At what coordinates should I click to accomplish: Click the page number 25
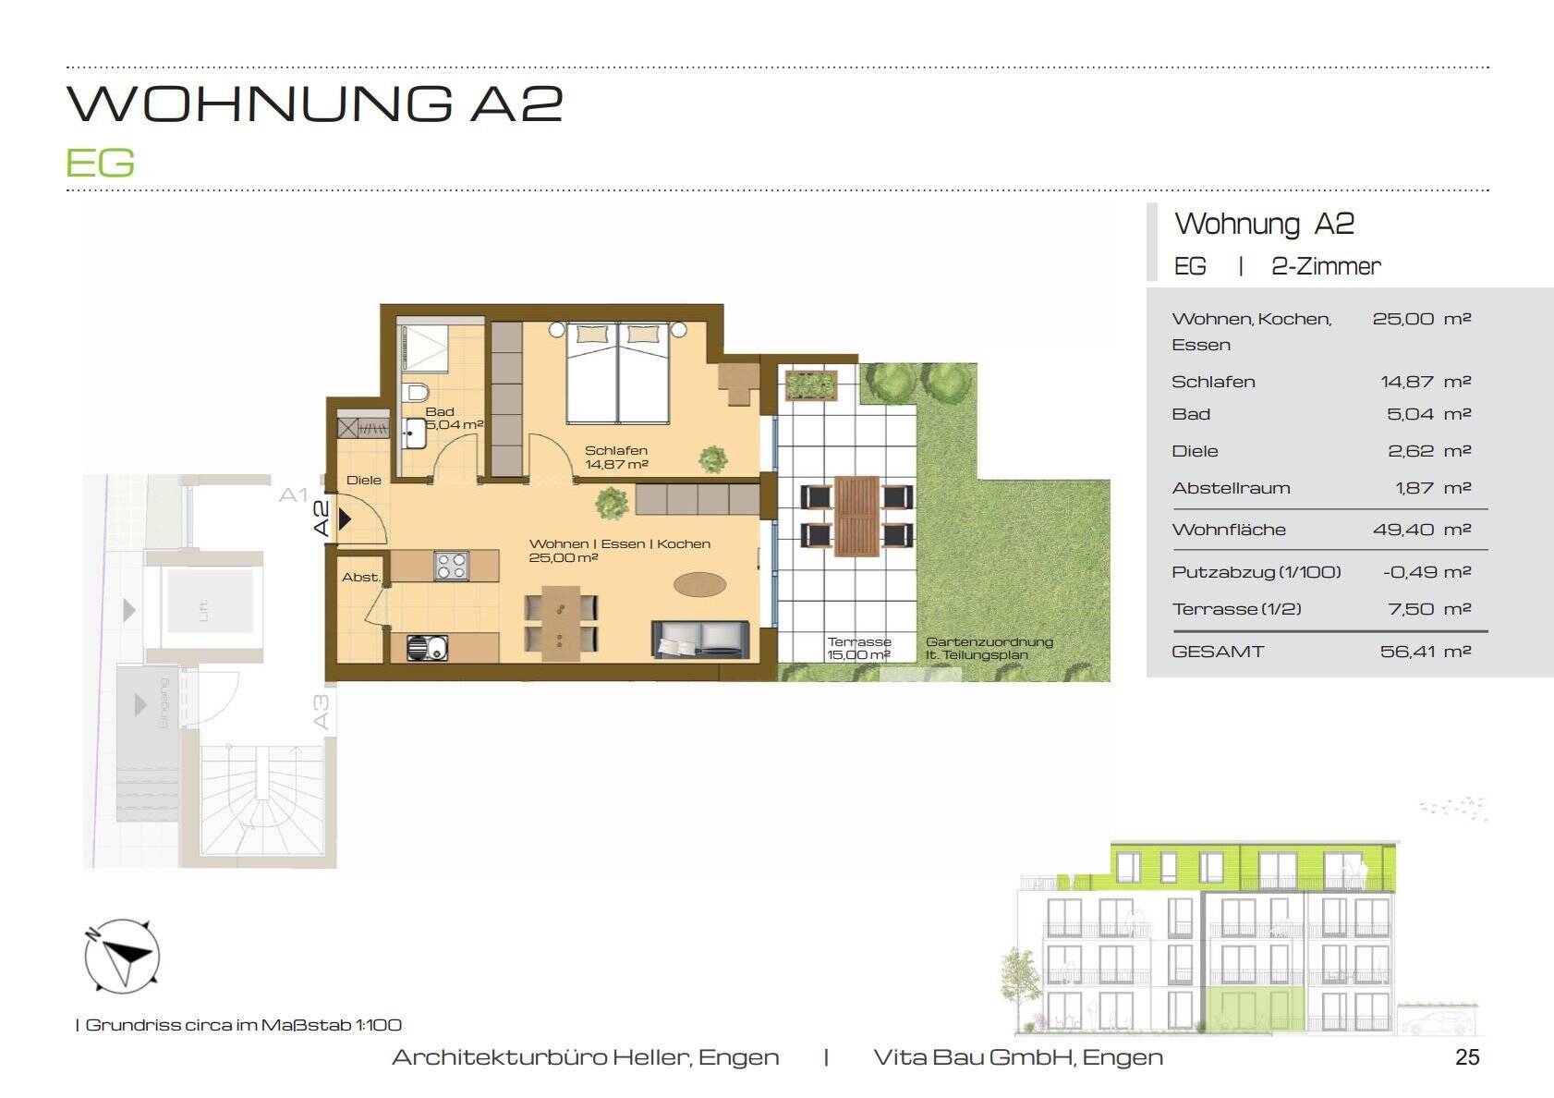click(1467, 1057)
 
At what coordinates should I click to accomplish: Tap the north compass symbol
click(122, 957)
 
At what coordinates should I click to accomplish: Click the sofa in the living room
click(700, 640)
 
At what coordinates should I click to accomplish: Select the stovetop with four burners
click(451, 566)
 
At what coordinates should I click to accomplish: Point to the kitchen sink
click(427, 648)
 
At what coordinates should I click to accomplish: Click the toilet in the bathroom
click(418, 391)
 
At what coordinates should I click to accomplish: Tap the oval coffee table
click(699, 584)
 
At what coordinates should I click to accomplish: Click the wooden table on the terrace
click(856, 516)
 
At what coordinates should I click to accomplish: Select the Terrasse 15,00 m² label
click(858, 648)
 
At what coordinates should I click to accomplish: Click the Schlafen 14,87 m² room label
click(616, 457)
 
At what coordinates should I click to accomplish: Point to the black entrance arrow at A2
click(345, 519)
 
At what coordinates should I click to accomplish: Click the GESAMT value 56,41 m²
click(1425, 652)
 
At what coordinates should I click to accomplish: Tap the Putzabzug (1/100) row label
click(1256, 572)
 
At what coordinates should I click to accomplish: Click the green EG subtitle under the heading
click(100, 164)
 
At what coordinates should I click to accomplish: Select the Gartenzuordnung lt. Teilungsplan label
click(989, 648)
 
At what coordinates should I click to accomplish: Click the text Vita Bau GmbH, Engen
click(1017, 1057)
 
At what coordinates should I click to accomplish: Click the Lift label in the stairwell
click(203, 610)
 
